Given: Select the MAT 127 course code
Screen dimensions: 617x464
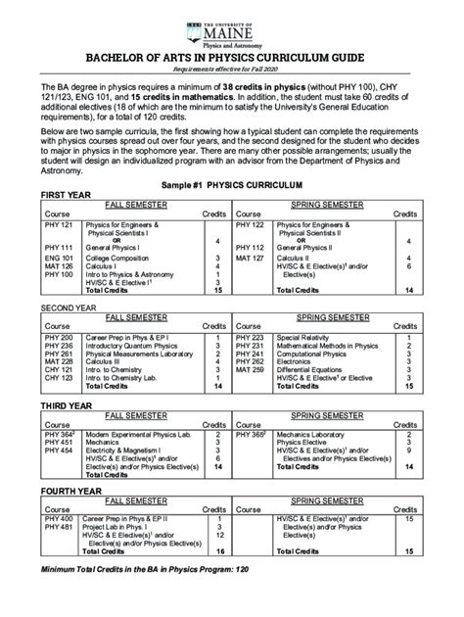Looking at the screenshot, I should pyautogui.click(x=250, y=257).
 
